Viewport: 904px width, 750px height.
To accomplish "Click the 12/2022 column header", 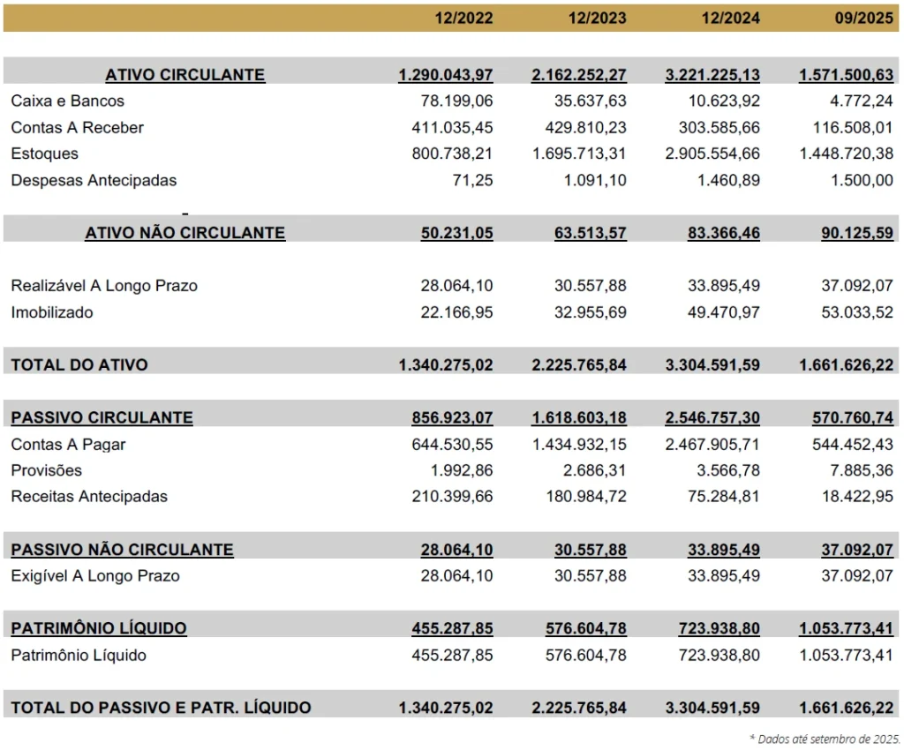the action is (x=463, y=18).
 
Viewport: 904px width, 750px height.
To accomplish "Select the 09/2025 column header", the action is (x=863, y=18).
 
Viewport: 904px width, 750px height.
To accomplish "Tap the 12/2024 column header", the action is (x=730, y=18).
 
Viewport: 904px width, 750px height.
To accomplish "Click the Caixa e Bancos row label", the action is (x=67, y=101).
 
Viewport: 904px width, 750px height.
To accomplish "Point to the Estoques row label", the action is (x=44, y=154).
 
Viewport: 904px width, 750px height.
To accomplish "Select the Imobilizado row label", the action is (x=52, y=312).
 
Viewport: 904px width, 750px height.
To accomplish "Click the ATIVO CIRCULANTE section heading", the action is (x=185, y=75).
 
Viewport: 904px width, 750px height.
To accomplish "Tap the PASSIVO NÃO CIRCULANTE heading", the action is (x=122, y=550).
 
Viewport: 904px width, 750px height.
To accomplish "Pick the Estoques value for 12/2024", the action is (x=712, y=154).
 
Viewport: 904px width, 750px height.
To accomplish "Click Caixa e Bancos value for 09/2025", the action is (x=862, y=101).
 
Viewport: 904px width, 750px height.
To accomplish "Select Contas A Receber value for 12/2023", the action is (x=586, y=127).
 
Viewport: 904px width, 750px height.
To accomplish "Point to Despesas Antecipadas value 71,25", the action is (x=473, y=180).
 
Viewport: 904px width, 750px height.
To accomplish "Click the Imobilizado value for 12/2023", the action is (x=591, y=312).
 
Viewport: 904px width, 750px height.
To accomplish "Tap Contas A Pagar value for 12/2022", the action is (x=452, y=445).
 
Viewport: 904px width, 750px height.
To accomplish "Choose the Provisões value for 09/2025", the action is (x=862, y=470).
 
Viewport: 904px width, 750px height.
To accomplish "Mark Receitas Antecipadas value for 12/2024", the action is (x=724, y=497).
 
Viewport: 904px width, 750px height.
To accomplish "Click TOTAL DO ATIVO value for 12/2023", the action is (x=579, y=365).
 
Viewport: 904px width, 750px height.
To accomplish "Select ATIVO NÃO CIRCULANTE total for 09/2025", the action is (x=857, y=233).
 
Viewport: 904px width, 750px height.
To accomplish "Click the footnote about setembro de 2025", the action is (x=825, y=739).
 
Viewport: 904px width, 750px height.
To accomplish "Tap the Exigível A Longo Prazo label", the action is (x=95, y=576).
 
